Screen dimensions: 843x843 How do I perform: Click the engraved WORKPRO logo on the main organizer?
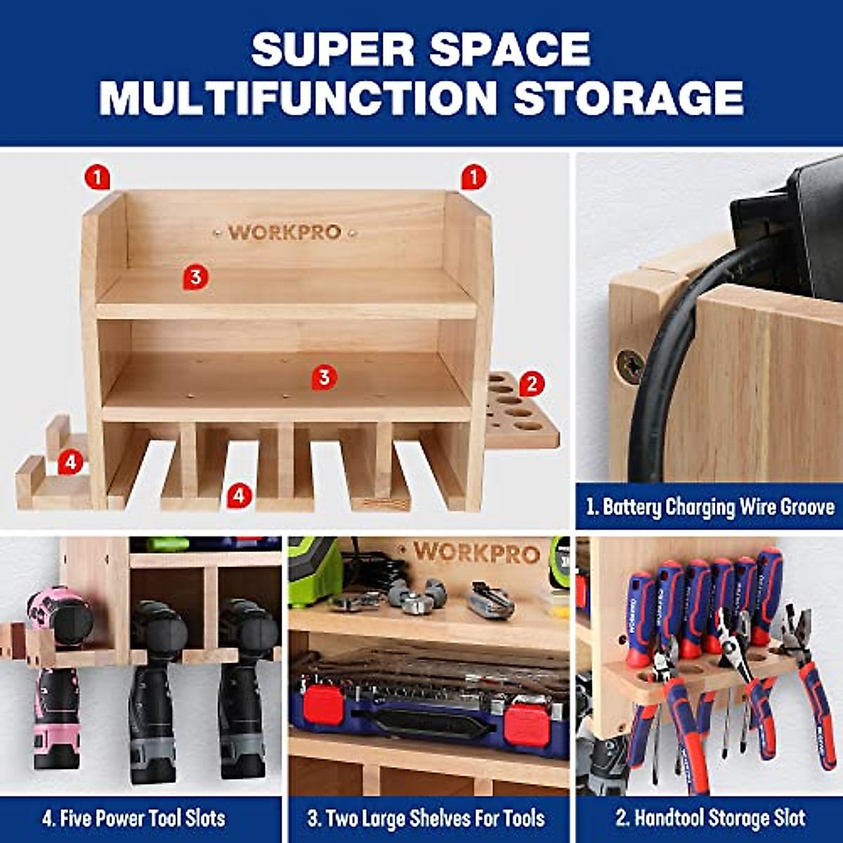[285, 232]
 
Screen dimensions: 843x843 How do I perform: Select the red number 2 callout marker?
[532, 384]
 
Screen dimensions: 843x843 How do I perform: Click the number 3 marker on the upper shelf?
[195, 277]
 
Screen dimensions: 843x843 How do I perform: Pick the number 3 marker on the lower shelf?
[323, 377]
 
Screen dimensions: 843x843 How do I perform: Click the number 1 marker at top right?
[473, 177]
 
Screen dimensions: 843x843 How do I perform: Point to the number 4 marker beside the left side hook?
[70, 462]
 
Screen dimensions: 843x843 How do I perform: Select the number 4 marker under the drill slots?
[239, 495]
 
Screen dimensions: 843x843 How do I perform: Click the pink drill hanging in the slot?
[56, 674]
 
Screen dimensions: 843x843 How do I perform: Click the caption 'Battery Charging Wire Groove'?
[710, 507]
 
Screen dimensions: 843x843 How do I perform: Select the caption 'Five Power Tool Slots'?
[133, 818]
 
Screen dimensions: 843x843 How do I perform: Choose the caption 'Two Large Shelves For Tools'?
[426, 818]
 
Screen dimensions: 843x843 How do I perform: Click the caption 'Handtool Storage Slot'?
[710, 818]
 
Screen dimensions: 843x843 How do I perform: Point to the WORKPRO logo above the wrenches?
[476, 553]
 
